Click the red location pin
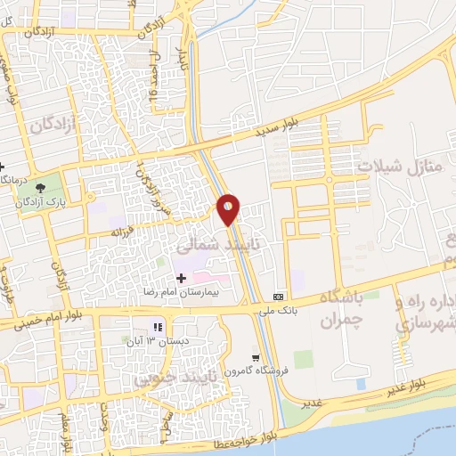coord(229,208)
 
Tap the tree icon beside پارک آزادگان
coord(41,187)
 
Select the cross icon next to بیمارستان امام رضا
coord(181,279)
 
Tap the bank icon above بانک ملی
coord(279,296)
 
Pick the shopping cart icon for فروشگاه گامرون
coord(255,357)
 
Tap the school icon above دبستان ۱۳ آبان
coord(159,327)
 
